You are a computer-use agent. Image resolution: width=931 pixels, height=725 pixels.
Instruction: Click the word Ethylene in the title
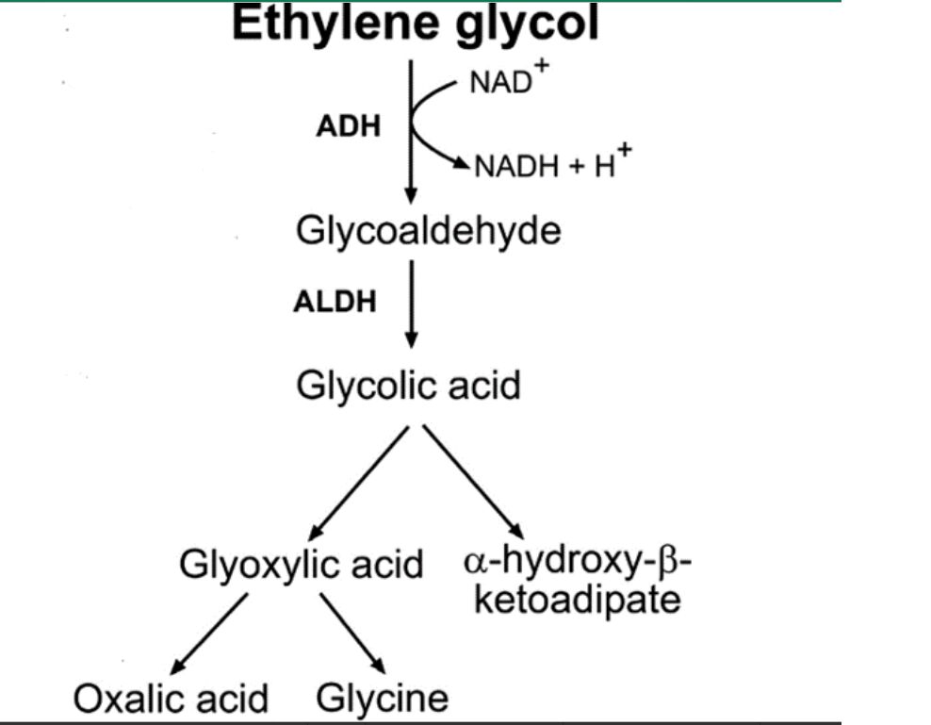pyautogui.click(x=336, y=24)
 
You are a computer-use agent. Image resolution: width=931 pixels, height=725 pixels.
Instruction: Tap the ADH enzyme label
pyautogui.click(x=349, y=126)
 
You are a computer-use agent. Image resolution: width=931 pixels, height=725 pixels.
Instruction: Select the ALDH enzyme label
pyautogui.click(x=335, y=302)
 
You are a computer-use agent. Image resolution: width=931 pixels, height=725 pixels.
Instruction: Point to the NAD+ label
pyautogui.click(x=509, y=78)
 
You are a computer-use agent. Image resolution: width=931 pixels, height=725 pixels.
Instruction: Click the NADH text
pyautogui.click(x=516, y=166)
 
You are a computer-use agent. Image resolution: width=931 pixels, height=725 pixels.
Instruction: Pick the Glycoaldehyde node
pyautogui.click(x=428, y=232)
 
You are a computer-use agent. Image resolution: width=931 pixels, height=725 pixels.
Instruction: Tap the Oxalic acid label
pyautogui.click(x=171, y=699)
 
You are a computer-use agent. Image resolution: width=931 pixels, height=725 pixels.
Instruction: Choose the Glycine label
pyautogui.click(x=382, y=700)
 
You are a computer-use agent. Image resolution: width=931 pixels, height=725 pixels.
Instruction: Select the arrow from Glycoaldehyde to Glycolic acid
pyautogui.click(x=411, y=304)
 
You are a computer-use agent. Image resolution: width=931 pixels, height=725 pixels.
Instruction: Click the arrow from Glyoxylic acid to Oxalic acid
pyautogui.click(x=209, y=634)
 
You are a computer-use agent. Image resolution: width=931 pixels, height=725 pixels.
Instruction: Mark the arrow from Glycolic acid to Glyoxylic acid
pyautogui.click(x=359, y=483)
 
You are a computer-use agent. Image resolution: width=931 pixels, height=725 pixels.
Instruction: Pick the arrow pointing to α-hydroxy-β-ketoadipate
pyautogui.click(x=473, y=482)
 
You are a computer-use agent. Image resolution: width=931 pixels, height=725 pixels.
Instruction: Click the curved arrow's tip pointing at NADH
pyautogui.click(x=468, y=166)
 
